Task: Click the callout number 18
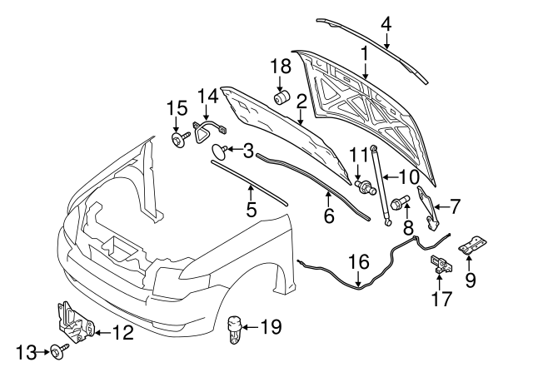[280, 67]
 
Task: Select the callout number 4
[386, 24]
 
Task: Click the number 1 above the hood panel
[364, 53]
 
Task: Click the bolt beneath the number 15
[178, 138]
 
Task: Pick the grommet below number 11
[364, 187]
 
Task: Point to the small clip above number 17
[438, 265]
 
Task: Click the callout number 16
[357, 262]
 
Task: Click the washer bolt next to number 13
[57, 353]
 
